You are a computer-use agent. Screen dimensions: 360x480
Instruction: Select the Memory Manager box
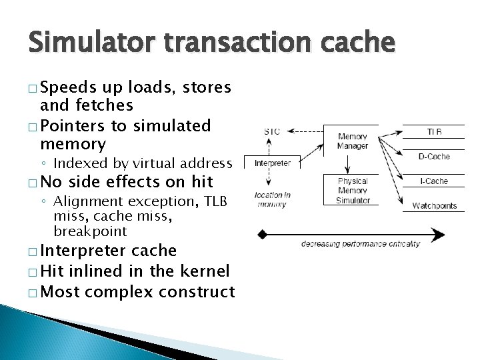pos(352,141)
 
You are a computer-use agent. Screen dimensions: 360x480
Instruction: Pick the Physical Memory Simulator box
pos(353,190)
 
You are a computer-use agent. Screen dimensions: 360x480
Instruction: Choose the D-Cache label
pos(433,157)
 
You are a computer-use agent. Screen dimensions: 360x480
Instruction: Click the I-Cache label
pos(434,181)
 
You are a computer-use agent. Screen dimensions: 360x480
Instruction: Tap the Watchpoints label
pos(433,205)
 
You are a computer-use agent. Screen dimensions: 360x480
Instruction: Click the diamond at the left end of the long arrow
pos(262,234)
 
